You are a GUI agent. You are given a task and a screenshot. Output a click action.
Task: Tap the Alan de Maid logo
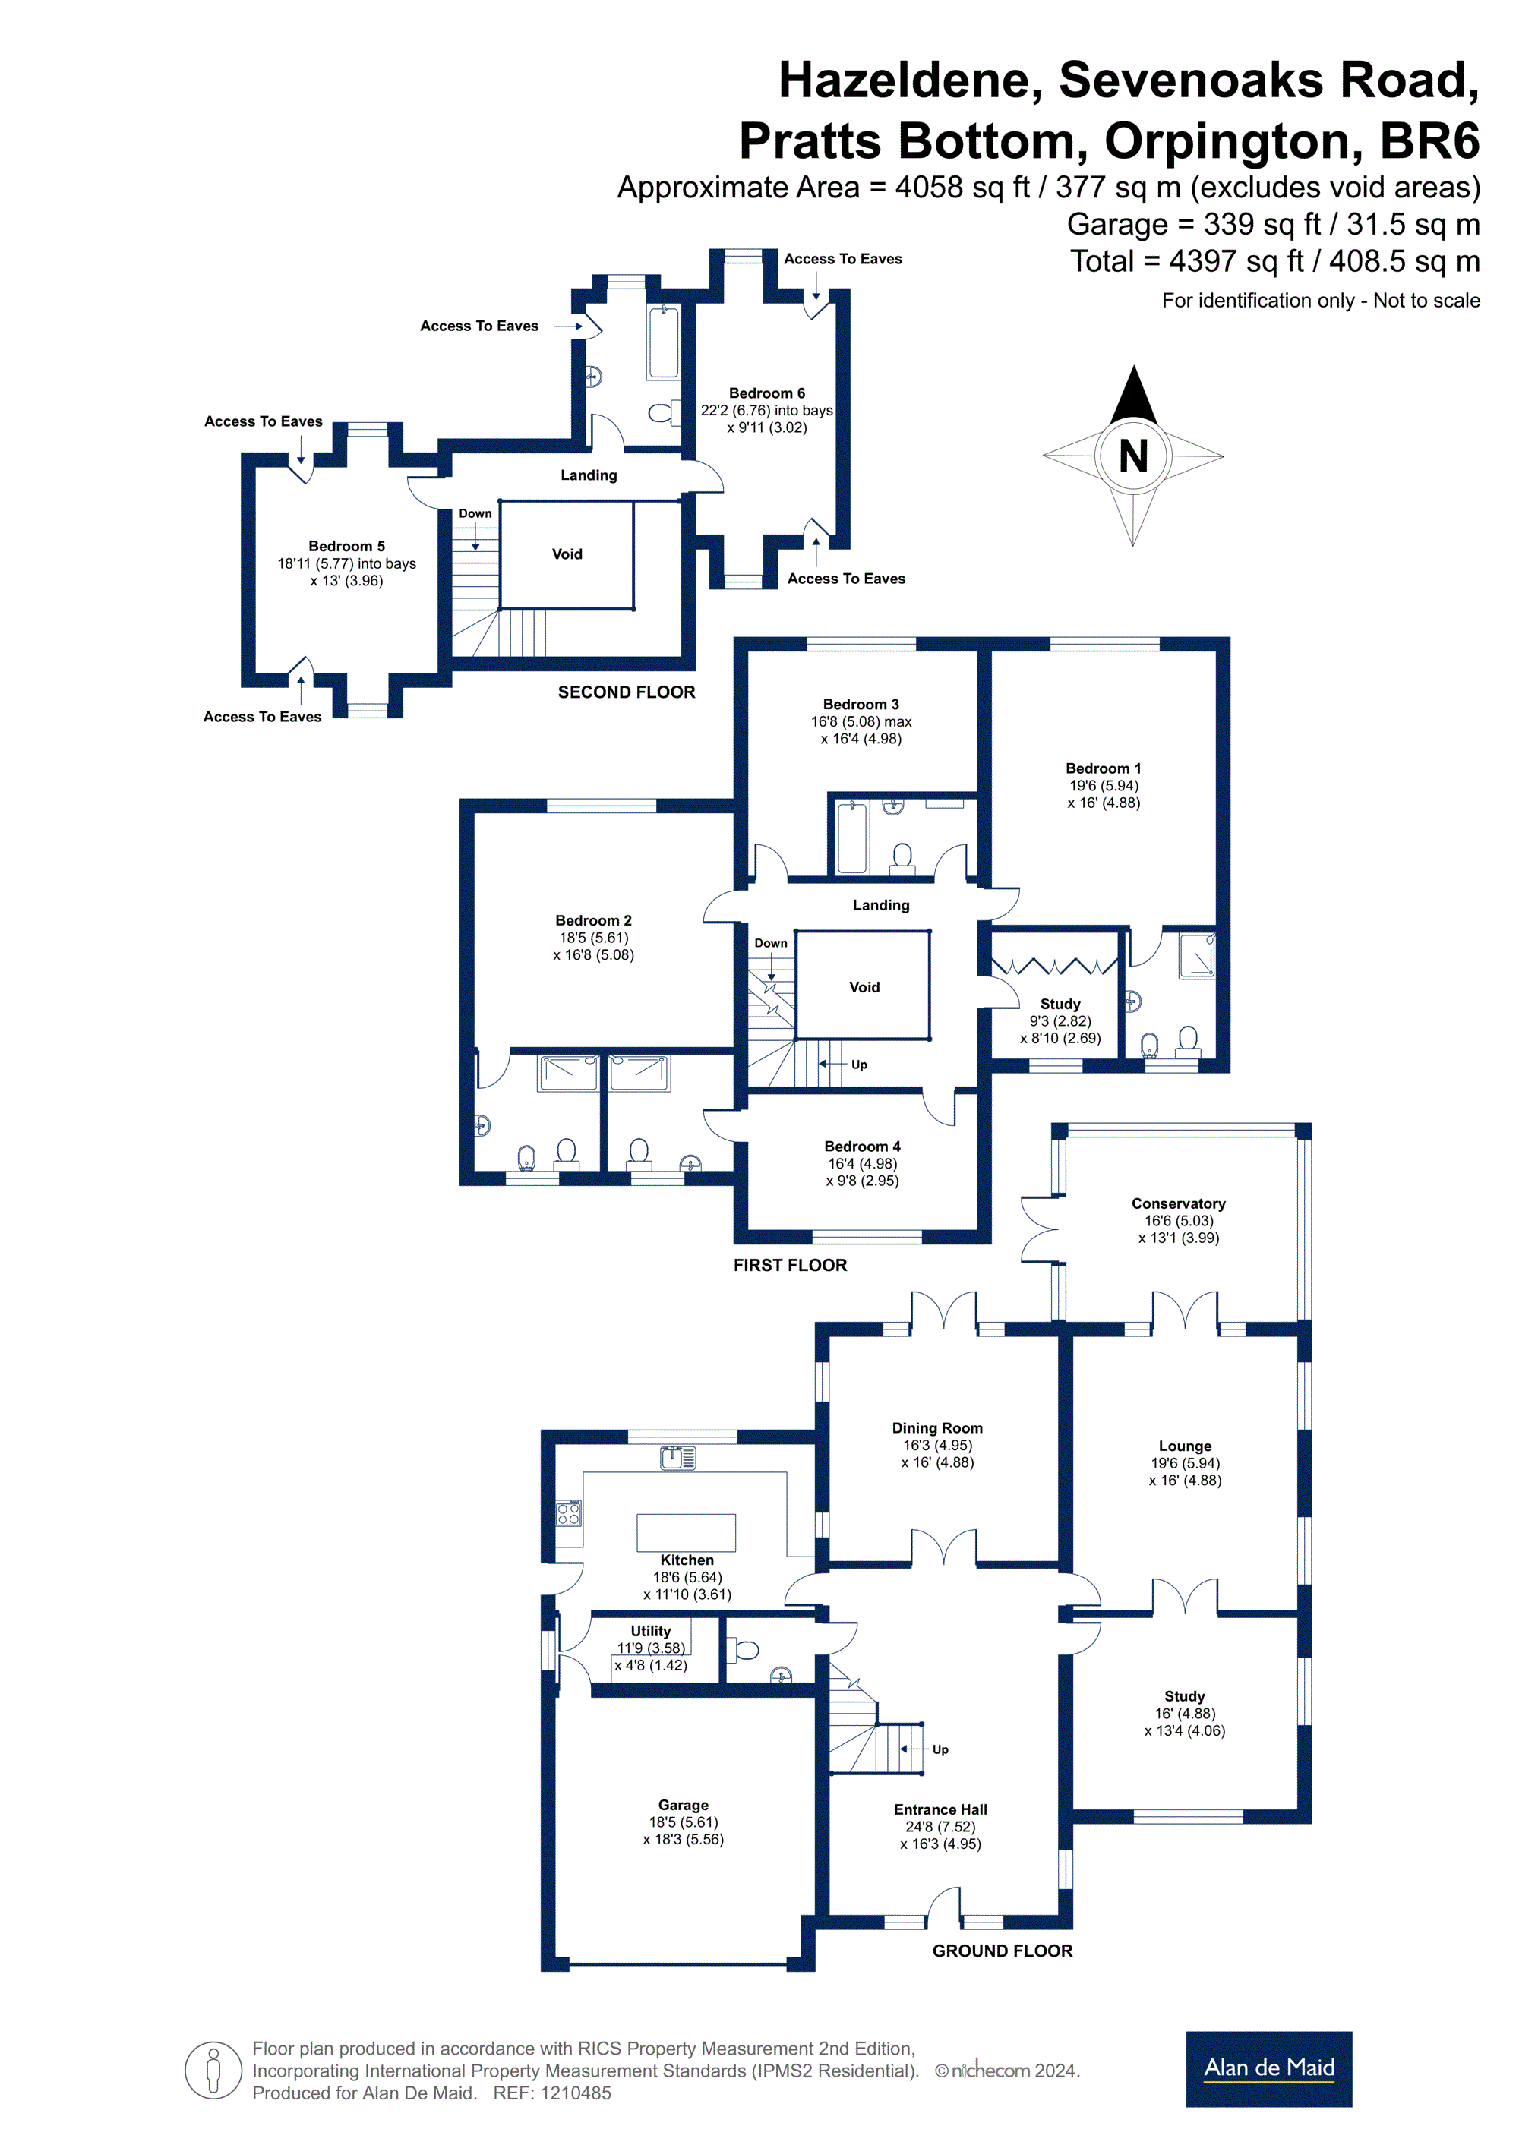pyautogui.click(x=1268, y=2068)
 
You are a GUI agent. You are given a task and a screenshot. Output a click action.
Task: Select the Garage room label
pyautogui.click(x=684, y=1805)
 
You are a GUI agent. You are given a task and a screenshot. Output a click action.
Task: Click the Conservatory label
pyautogui.click(x=1178, y=1203)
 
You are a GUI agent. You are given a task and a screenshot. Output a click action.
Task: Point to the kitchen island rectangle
pyautogui.click(x=686, y=1532)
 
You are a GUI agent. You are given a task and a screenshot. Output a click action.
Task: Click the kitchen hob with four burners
pyautogui.click(x=568, y=1512)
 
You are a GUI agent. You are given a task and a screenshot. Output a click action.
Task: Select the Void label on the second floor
pyautogui.click(x=567, y=554)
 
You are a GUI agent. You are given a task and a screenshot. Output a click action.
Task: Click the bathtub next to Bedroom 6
pyautogui.click(x=664, y=342)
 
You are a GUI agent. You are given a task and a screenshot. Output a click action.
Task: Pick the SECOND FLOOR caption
pyautogui.click(x=626, y=692)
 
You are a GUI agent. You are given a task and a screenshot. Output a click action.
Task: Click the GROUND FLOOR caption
pyautogui.click(x=1003, y=1951)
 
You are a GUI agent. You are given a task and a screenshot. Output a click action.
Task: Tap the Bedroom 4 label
pyautogui.click(x=862, y=1146)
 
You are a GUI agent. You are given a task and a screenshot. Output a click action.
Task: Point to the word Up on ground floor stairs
pyautogui.click(x=940, y=1749)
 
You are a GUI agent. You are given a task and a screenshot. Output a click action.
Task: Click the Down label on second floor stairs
pyautogui.click(x=475, y=513)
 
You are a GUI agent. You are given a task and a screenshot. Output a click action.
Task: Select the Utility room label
pyautogui.click(x=650, y=1631)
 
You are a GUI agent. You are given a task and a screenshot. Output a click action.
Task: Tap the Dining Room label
pyautogui.click(x=937, y=1427)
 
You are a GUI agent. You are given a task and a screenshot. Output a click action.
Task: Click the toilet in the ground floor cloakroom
pyautogui.click(x=744, y=1649)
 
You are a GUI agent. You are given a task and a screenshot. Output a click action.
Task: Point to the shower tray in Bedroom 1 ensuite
pyautogui.click(x=1197, y=955)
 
